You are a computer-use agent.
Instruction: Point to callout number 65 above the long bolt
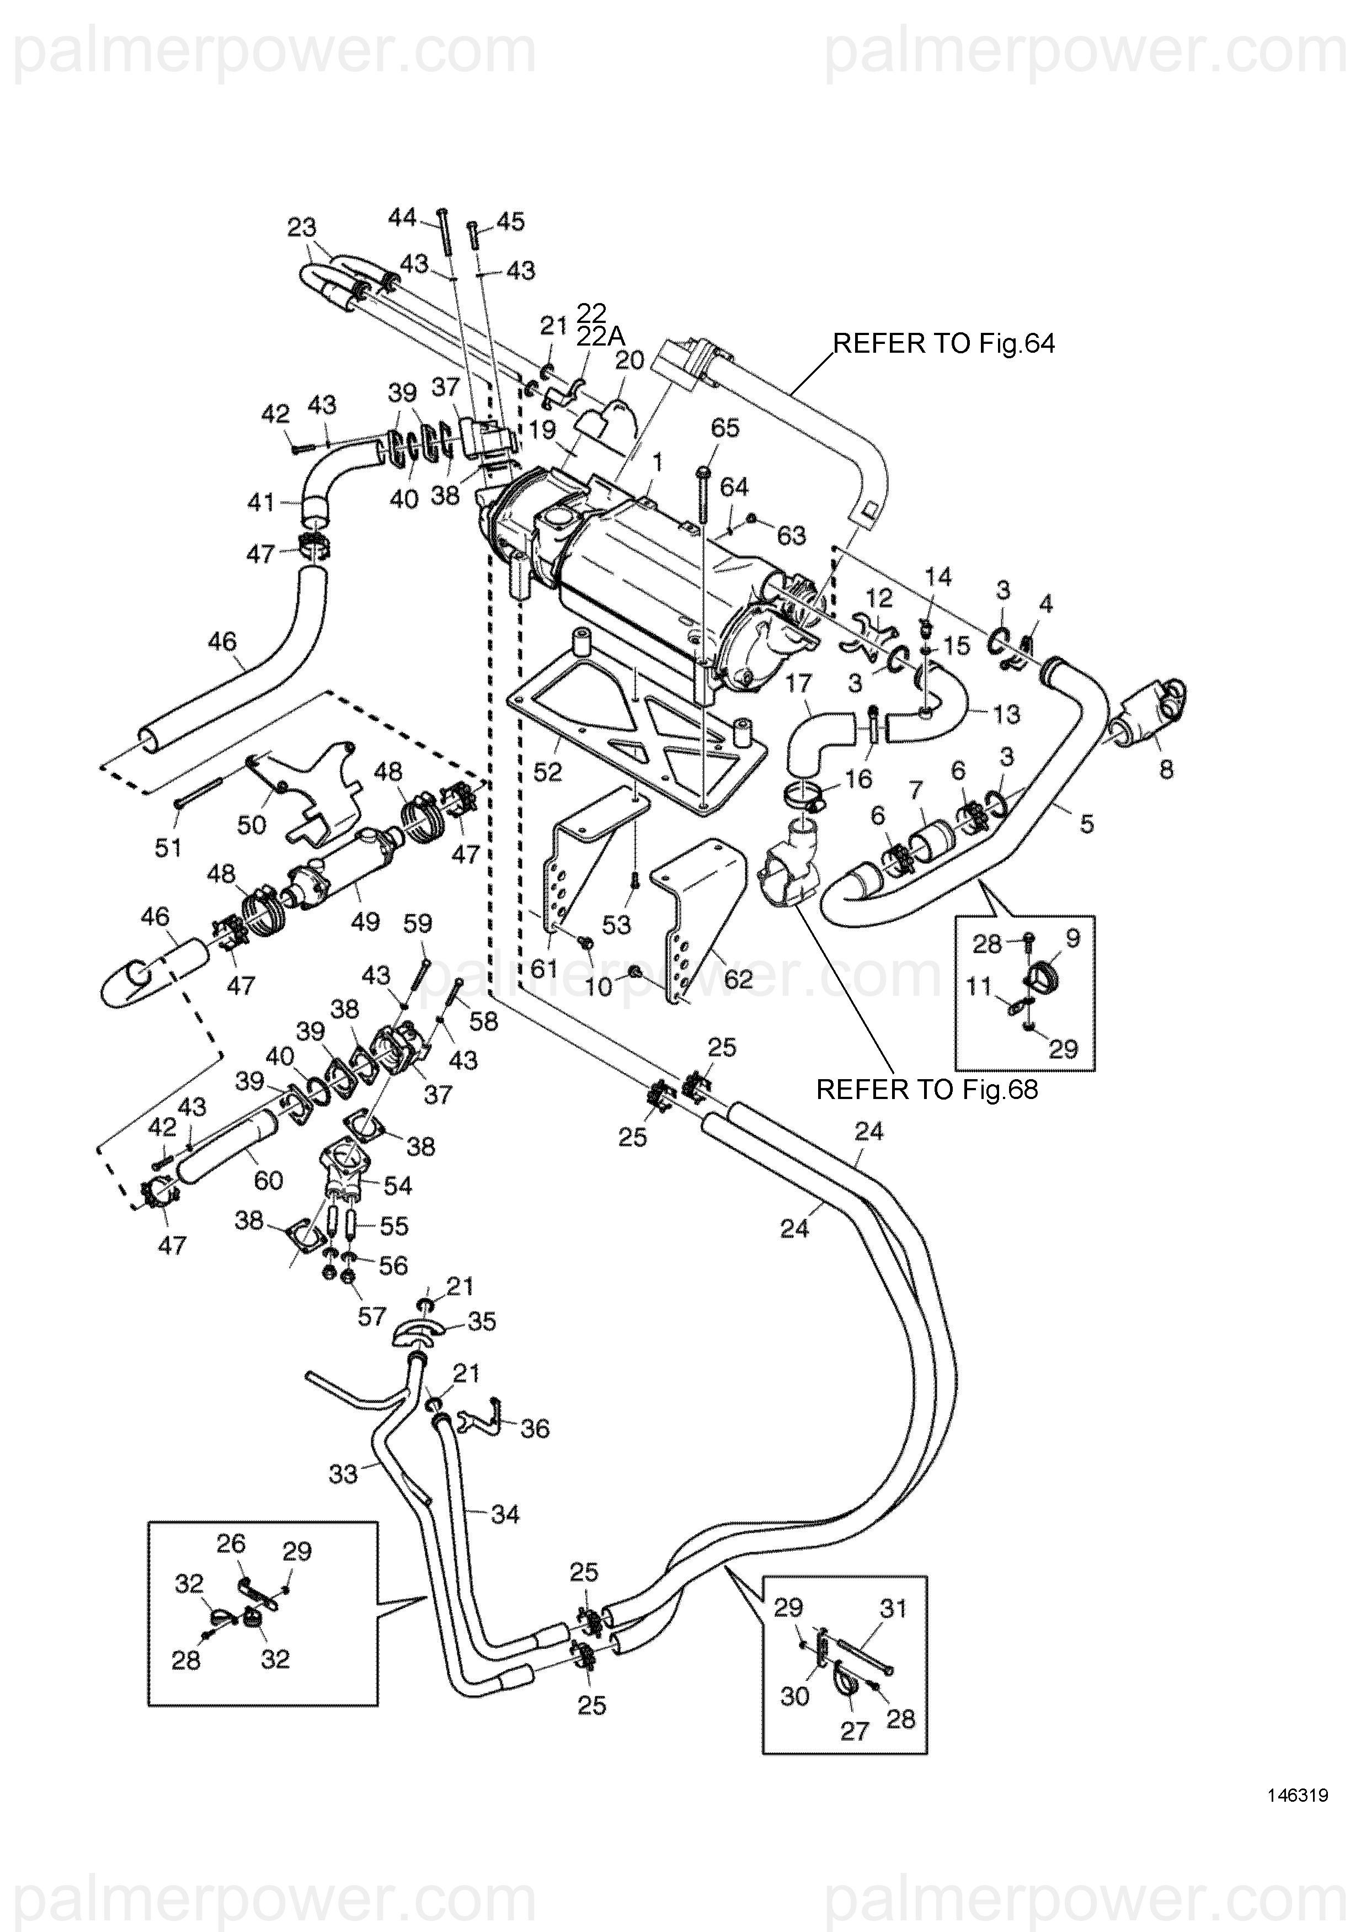point(724,428)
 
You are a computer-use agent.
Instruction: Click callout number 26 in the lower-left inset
point(231,1542)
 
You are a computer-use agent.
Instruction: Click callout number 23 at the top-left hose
point(301,227)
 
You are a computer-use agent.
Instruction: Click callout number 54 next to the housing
point(397,1186)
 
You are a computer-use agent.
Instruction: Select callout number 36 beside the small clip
point(535,1428)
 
